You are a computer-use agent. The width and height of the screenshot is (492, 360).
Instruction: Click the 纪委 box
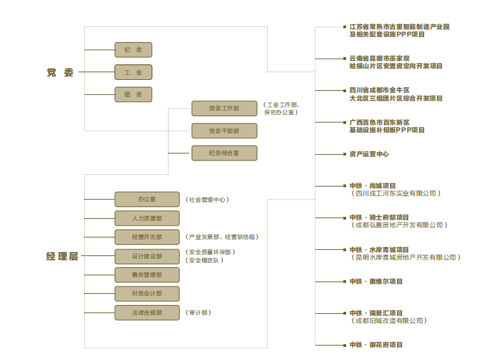(133, 50)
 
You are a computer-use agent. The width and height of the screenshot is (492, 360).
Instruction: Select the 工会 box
(133, 72)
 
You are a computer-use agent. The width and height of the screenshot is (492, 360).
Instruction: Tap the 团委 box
(133, 94)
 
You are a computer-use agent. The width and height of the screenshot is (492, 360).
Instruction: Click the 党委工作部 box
(224, 109)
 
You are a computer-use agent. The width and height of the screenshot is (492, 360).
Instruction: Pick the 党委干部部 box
(224, 131)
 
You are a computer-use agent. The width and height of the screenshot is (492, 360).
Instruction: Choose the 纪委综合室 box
(224, 153)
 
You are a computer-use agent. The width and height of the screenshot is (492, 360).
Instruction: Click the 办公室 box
(147, 200)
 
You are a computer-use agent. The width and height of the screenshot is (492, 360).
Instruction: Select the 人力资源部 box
(147, 218)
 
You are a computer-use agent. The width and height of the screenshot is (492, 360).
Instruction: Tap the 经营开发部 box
(147, 237)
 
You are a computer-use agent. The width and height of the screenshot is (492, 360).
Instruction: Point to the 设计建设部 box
(147, 256)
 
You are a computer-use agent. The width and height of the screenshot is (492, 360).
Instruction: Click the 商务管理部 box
(147, 275)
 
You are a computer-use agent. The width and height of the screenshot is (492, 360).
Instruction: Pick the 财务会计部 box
(147, 294)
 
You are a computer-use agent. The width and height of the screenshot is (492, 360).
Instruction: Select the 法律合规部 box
(147, 313)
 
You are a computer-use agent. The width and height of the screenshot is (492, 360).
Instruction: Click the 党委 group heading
(60, 72)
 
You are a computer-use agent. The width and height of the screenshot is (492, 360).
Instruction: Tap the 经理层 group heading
(63, 256)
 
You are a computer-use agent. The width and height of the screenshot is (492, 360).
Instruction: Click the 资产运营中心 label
(369, 154)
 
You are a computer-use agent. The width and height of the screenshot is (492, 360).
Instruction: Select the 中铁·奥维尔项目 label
(376, 282)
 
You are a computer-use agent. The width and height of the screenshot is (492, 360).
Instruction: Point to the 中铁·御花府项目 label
(376, 345)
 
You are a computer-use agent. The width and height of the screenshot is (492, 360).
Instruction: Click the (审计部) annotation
(198, 313)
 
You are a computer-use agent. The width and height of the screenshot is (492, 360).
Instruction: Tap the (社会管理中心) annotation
(207, 200)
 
